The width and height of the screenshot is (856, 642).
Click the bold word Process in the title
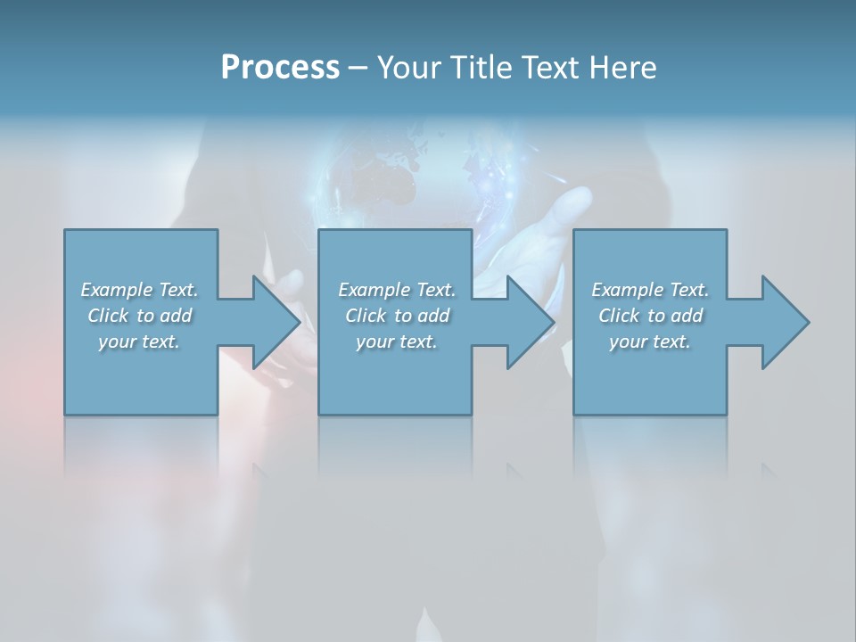pos(280,68)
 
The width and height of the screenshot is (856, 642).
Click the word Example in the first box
pos(116,290)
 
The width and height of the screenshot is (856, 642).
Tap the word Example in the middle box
pos(374,290)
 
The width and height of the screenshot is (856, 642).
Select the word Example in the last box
pos(627,290)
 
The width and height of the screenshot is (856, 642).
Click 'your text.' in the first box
pos(139,342)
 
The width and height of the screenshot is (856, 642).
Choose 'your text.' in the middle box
pos(397,342)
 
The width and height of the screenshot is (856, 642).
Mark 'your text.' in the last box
pos(650,342)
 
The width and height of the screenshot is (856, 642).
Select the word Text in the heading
pos(551,68)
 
